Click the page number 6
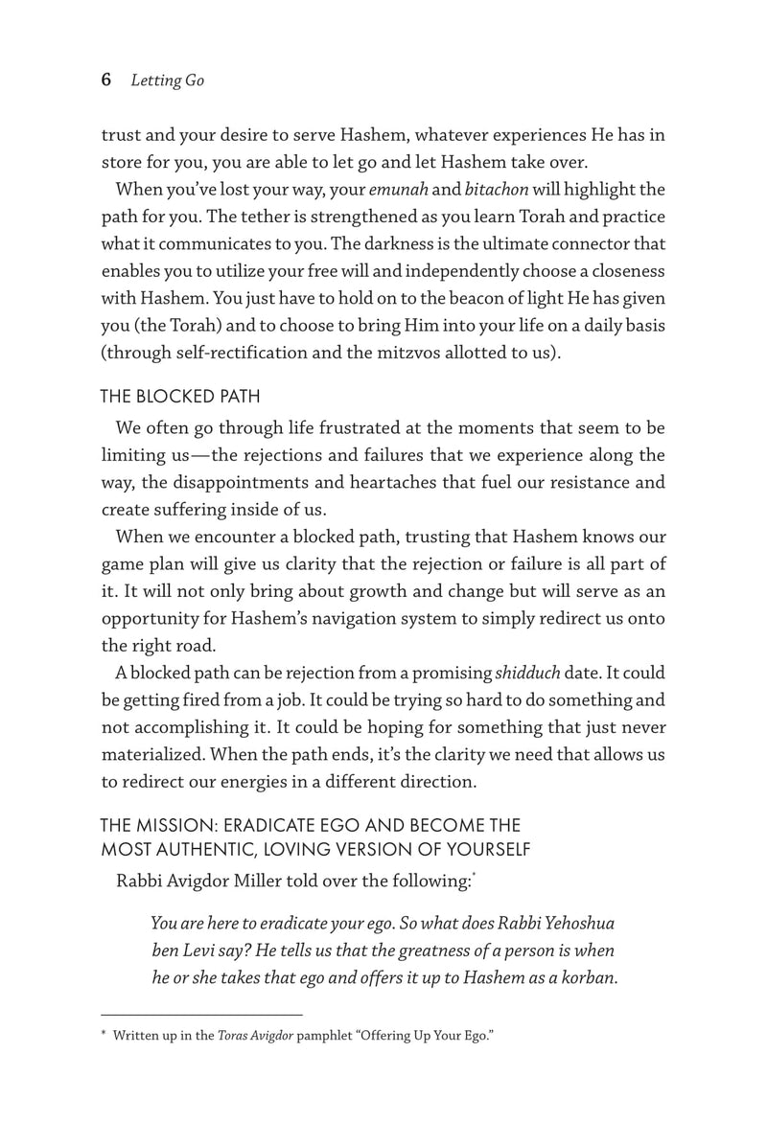click(106, 80)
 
